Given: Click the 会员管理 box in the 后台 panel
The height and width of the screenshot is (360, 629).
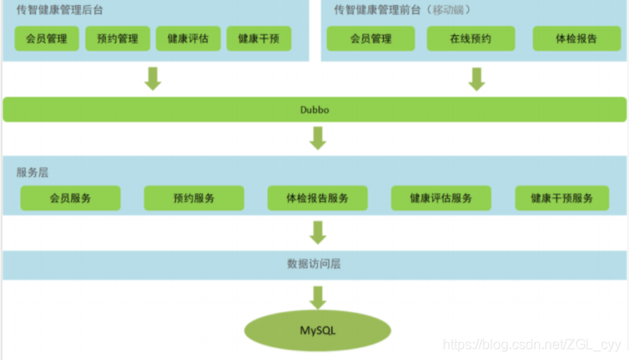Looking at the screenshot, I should pos(47,38).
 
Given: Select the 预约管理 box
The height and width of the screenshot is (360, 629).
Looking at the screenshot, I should pos(118,38).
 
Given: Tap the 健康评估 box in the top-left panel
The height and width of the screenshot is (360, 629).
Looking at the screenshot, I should pos(188,38).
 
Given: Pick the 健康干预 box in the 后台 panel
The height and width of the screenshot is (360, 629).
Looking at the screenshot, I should pos(258,38).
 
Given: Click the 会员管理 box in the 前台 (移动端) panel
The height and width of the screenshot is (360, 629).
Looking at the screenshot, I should pos(371,38).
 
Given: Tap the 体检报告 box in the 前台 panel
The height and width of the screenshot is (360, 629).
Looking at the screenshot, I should pos(576,38).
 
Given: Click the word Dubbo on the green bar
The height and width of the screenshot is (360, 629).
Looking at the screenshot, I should pos(315,109).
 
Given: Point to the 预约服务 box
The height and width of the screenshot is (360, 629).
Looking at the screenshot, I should pos(193,198).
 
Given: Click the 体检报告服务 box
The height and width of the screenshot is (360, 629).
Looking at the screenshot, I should pos(317,198).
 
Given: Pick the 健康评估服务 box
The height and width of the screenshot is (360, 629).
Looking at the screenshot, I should pos(441,198).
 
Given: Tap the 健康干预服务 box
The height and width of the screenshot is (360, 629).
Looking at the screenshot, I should pos(561,198).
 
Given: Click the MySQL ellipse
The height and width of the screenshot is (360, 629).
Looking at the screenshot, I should pos(317,331).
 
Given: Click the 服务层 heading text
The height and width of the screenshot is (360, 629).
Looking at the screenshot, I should pos(32,172).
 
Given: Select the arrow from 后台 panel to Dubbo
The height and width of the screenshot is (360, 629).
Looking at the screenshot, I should pos(153,78).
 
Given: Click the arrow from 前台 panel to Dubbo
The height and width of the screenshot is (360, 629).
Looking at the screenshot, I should pos(477,78).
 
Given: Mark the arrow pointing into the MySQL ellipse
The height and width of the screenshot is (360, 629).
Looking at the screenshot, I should pos(318,296).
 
